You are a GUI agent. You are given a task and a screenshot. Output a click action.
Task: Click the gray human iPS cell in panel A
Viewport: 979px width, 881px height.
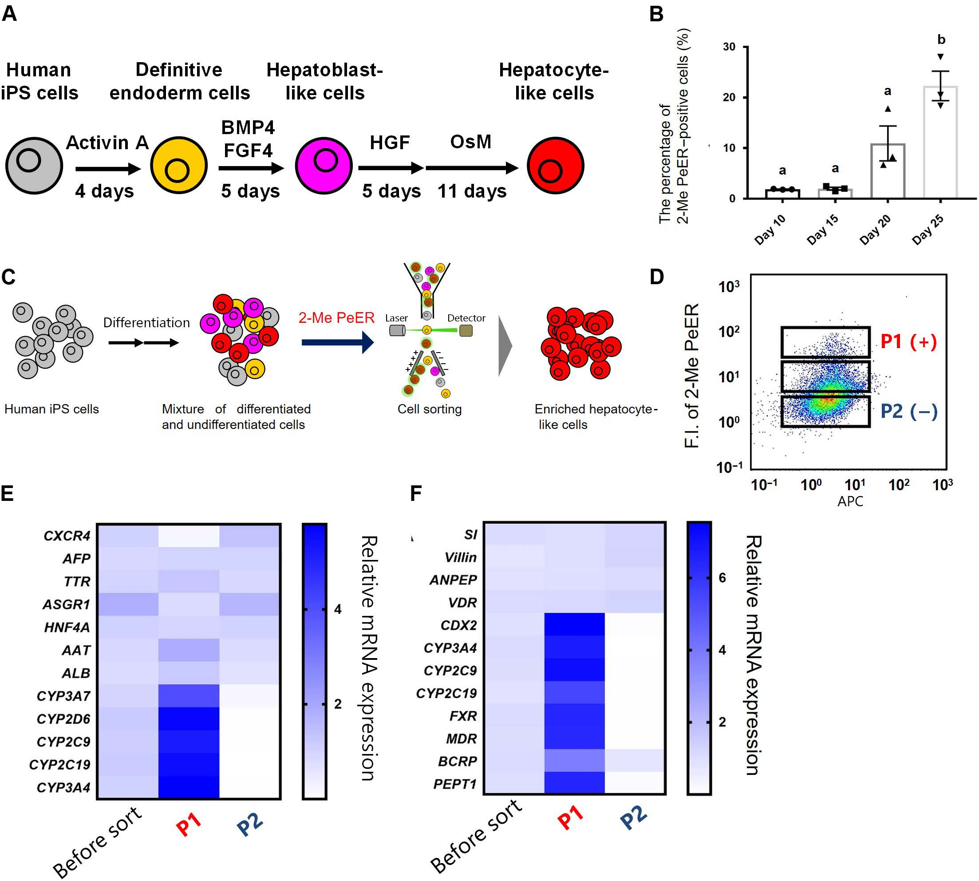tap(34, 166)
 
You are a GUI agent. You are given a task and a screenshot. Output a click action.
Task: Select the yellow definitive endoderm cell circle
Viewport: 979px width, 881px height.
tap(178, 166)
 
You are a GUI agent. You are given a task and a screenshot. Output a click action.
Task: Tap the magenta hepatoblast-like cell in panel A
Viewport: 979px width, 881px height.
tap(324, 166)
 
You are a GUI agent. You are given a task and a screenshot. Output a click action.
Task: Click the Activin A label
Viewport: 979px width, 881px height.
tap(107, 143)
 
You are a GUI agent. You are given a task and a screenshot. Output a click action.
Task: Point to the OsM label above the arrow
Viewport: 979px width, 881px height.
tap(470, 142)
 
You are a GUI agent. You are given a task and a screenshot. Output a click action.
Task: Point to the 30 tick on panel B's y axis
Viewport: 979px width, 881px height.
tap(729, 47)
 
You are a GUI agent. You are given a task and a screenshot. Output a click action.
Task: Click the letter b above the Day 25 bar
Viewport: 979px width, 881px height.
tap(941, 40)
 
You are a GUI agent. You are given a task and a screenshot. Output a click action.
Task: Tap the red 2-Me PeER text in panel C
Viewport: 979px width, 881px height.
tap(336, 317)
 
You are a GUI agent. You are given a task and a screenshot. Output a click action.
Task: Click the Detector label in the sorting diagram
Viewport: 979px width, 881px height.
tap(466, 318)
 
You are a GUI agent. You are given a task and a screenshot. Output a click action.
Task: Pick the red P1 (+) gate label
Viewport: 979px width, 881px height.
tap(908, 342)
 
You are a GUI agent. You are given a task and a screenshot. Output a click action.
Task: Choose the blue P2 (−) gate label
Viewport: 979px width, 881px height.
tap(908, 412)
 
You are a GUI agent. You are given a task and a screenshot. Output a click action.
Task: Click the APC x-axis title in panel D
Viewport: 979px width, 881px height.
tap(850, 501)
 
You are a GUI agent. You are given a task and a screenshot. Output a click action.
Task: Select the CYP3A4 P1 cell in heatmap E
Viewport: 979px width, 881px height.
tap(189, 788)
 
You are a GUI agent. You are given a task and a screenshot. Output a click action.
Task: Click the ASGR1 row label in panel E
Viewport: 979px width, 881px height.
tap(66, 605)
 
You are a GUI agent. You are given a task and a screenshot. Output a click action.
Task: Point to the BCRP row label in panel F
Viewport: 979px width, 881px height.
tap(457, 762)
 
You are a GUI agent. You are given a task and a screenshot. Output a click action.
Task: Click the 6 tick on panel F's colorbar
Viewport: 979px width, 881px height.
tap(722, 578)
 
